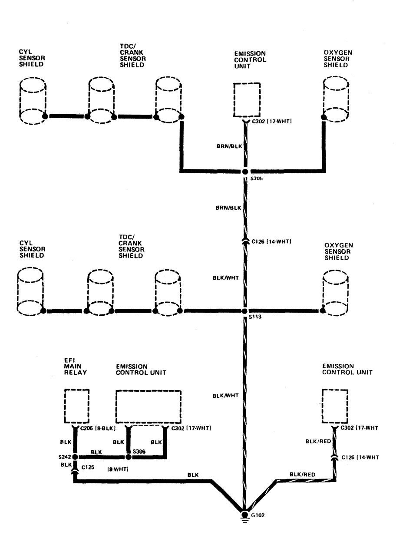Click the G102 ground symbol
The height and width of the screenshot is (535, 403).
pyautogui.click(x=244, y=515)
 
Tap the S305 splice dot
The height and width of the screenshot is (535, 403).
pyautogui.click(x=245, y=172)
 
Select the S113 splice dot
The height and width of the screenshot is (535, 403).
pyautogui.click(x=244, y=311)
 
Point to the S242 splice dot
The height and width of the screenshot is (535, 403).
pyautogui.click(x=75, y=457)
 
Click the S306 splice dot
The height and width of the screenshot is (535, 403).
pyautogui.click(x=128, y=457)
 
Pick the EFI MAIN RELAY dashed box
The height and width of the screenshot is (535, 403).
pyautogui.click(x=77, y=406)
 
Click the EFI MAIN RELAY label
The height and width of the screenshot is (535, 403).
pyautogui.click(x=75, y=367)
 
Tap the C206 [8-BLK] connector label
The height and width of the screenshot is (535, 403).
pyautogui.click(x=98, y=428)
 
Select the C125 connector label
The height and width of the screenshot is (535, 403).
pyautogui.click(x=88, y=467)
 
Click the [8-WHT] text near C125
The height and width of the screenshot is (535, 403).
pyautogui.click(x=118, y=469)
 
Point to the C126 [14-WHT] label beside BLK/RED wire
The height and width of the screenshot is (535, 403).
pyautogui.click(x=360, y=457)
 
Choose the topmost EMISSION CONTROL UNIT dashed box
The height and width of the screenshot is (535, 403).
pyautogui.click(x=247, y=100)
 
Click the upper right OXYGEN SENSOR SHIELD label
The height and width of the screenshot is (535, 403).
pyautogui.click(x=338, y=59)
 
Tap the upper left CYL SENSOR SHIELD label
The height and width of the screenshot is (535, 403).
pyautogui.click(x=32, y=58)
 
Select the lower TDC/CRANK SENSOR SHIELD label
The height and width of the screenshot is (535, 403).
pyautogui.click(x=131, y=246)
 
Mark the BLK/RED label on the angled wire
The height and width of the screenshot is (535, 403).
pyautogui.click(x=302, y=475)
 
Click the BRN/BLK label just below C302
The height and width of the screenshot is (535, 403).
pyautogui.click(x=229, y=146)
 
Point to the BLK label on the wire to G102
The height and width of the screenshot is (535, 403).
pyautogui.click(x=193, y=475)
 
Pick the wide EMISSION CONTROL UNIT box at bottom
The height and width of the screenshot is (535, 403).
pyautogui.click(x=149, y=406)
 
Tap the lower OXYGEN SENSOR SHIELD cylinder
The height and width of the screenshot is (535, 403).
pyautogui.click(x=335, y=293)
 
